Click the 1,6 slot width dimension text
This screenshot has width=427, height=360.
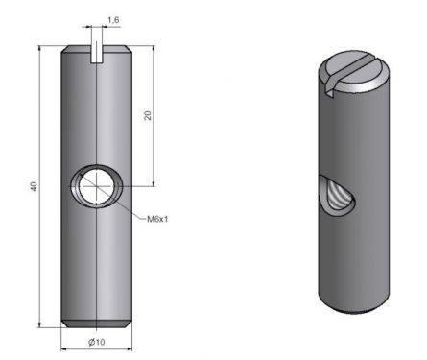pyautogui.click(x=113, y=20)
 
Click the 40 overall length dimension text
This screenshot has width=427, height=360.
pyautogui.click(x=34, y=187)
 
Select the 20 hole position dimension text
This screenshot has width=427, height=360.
pyautogui.click(x=149, y=115)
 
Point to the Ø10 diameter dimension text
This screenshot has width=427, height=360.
pyautogui.click(x=97, y=343)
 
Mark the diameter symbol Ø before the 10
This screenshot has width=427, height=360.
pyautogui.click(x=91, y=343)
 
